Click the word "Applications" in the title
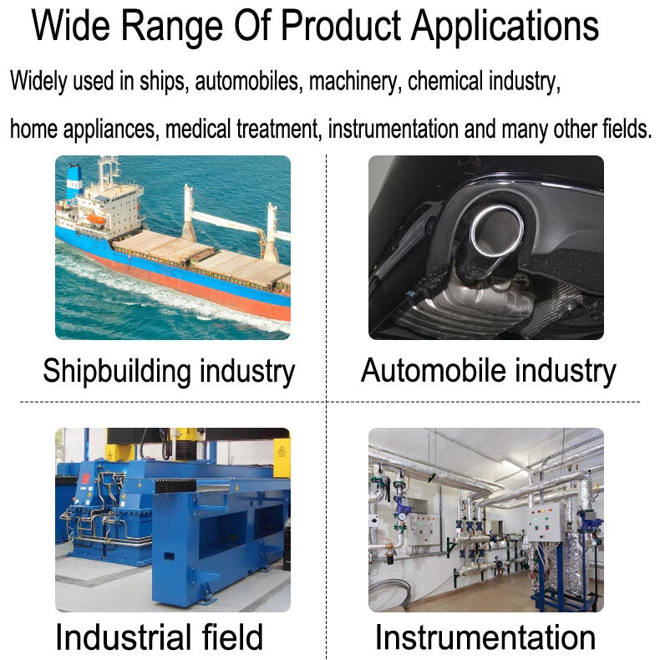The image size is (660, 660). (x=505, y=26)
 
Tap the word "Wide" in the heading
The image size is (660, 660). (x=70, y=25)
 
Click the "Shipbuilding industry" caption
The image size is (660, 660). (x=169, y=371)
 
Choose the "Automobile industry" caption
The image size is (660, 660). (x=488, y=371)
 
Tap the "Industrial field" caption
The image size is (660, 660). (x=160, y=637)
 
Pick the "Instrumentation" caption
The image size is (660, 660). (x=485, y=637)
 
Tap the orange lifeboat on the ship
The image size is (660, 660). (x=96, y=219)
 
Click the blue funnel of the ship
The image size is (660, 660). (x=74, y=181)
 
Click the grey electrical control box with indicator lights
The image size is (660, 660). (x=545, y=522)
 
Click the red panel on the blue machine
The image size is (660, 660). (x=86, y=478)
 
